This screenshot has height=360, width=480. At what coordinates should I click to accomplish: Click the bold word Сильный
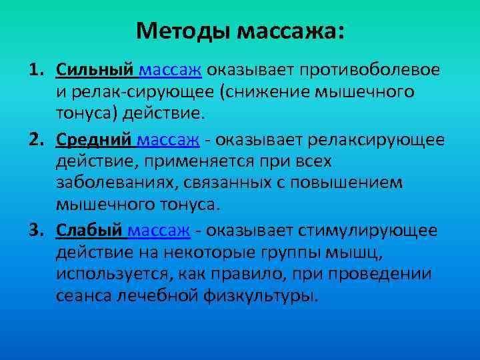pyautogui.click(x=96, y=70)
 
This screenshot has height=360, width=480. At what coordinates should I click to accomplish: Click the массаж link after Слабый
pyautogui.click(x=159, y=231)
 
